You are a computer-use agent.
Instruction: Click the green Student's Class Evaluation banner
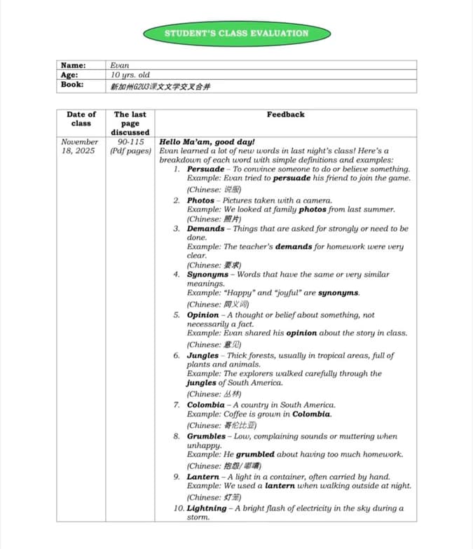pyautogui.click(x=236, y=33)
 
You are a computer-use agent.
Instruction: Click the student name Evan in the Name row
pyautogui.click(x=120, y=65)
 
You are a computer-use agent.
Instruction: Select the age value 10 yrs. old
pyautogui.click(x=130, y=75)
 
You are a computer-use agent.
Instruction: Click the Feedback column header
pyautogui.click(x=285, y=114)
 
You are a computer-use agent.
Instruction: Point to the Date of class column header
pyautogui.click(x=81, y=118)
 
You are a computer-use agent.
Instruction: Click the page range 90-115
pyautogui.click(x=130, y=141)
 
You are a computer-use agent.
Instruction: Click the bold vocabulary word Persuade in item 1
pyautogui.click(x=205, y=169)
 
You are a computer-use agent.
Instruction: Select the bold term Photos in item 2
pyautogui.click(x=200, y=200)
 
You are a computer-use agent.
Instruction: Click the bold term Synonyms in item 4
pyautogui.click(x=207, y=274)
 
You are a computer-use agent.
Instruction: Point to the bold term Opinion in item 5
pyautogui.click(x=203, y=315)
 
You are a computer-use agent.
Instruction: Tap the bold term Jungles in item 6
pyautogui.click(x=203, y=356)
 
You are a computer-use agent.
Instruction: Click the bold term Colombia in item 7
pyautogui.click(x=205, y=405)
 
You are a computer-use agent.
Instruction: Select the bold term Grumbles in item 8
pyautogui.click(x=206, y=436)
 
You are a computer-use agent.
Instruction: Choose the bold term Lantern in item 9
pyautogui.click(x=203, y=477)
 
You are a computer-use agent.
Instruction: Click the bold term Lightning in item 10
pyautogui.click(x=207, y=508)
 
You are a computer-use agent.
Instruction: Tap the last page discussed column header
pyautogui.click(x=130, y=123)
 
